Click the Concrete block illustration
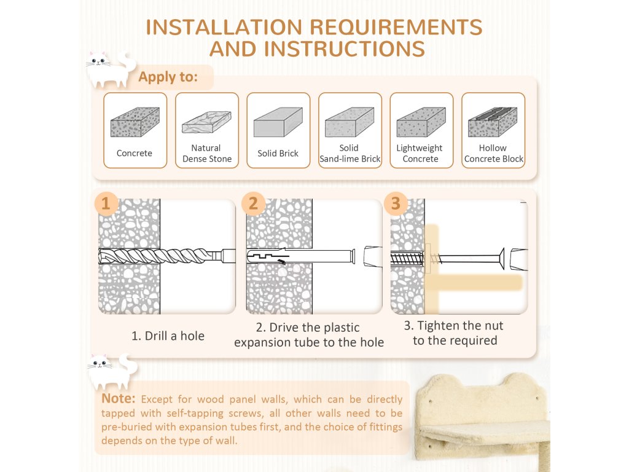(135, 122)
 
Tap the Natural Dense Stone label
(207, 153)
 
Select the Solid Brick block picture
(278, 122)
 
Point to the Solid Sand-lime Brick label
(350, 153)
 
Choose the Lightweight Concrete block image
(421, 122)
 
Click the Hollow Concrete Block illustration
(493, 122)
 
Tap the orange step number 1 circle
(106, 203)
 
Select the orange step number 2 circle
(253, 203)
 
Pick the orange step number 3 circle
(396, 203)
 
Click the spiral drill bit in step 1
(166, 256)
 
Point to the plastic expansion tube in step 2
(301, 256)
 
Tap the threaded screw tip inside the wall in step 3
(407, 258)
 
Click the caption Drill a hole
(168, 336)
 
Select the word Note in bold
(119, 398)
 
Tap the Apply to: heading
(168, 77)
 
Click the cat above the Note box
(112, 371)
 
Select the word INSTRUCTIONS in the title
(344, 49)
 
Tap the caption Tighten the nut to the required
(455, 333)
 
